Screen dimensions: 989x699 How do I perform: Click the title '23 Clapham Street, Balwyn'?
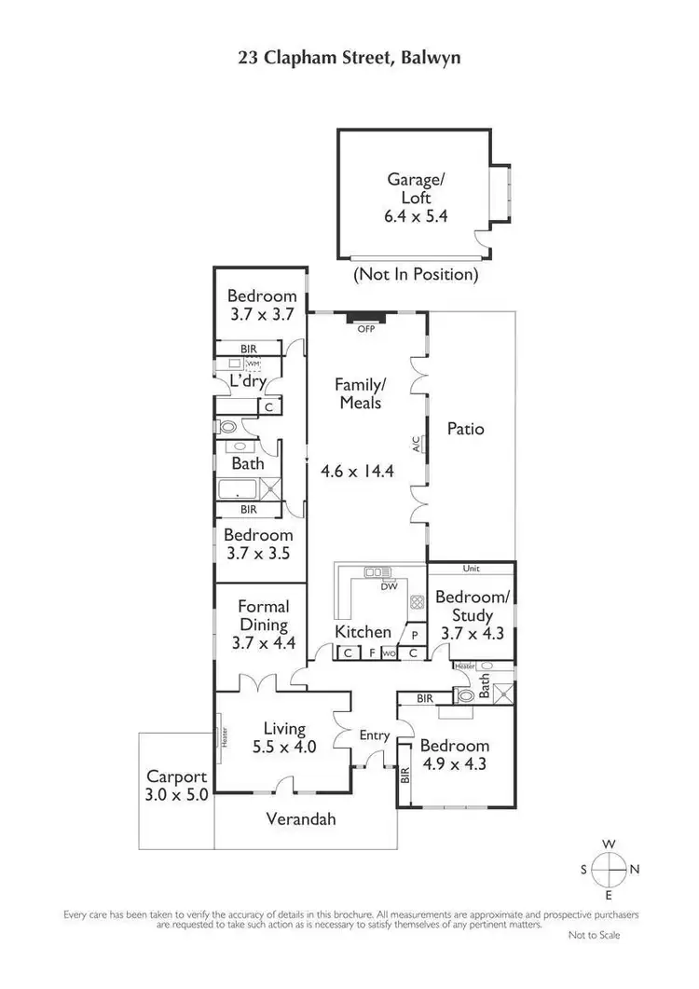tap(349, 58)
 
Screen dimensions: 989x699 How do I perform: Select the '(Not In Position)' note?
tap(415, 275)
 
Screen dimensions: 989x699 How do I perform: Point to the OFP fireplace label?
tap(365, 328)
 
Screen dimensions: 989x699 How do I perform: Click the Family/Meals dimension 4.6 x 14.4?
tap(358, 471)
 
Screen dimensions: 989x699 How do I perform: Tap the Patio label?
tap(465, 430)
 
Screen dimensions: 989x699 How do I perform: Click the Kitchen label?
tap(363, 632)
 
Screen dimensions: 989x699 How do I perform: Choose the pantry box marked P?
tap(415, 635)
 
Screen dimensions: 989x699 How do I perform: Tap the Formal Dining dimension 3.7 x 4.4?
tap(262, 642)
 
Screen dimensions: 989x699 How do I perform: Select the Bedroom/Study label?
tap(465, 606)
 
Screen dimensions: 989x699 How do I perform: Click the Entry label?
tap(375, 735)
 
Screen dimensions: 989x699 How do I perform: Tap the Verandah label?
tap(300, 820)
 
